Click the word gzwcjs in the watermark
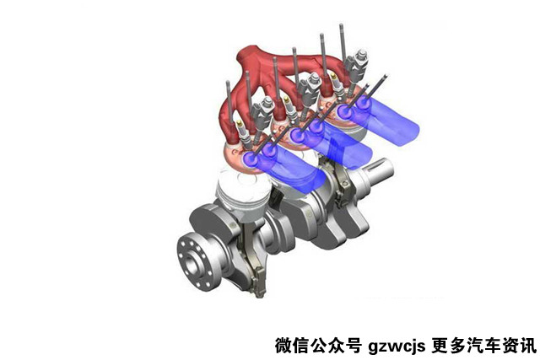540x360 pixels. pyautogui.click(x=397, y=346)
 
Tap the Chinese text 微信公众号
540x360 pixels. pyautogui.click(x=318, y=345)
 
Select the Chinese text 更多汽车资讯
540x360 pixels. pyautogui.click(x=483, y=345)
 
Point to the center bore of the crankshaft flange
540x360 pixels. pyautogui.click(x=191, y=263)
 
